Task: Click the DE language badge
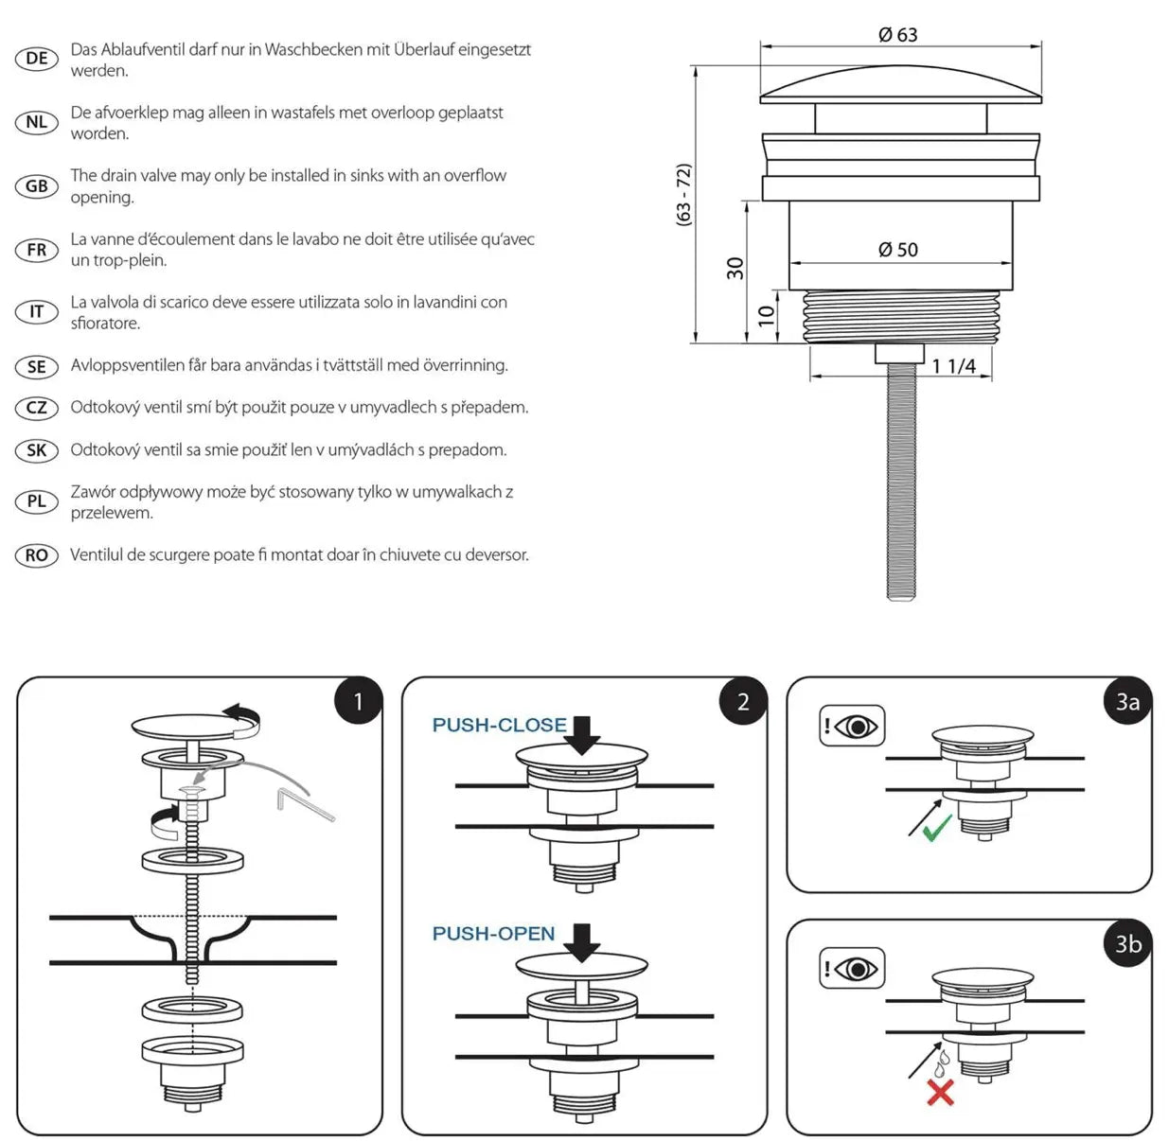[x=37, y=59]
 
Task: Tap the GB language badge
[x=37, y=186]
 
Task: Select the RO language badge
[x=37, y=555]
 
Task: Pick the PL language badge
[x=37, y=501]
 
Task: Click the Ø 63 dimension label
[x=897, y=35]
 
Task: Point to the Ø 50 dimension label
[x=897, y=250]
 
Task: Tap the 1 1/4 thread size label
[x=953, y=366]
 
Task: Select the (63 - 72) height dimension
[x=683, y=194]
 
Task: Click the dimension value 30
[x=735, y=269]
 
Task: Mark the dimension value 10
[x=766, y=315]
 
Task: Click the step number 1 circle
[x=358, y=701]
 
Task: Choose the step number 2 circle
[x=743, y=701]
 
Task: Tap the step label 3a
[x=1127, y=701]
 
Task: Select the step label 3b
[x=1127, y=943]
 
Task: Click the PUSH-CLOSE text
[x=499, y=726]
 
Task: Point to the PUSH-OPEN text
[x=493, y=934]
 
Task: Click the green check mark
[x=936, y=830]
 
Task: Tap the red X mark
[x=940, y=1093]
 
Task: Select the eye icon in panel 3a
[x=852, y=727]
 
